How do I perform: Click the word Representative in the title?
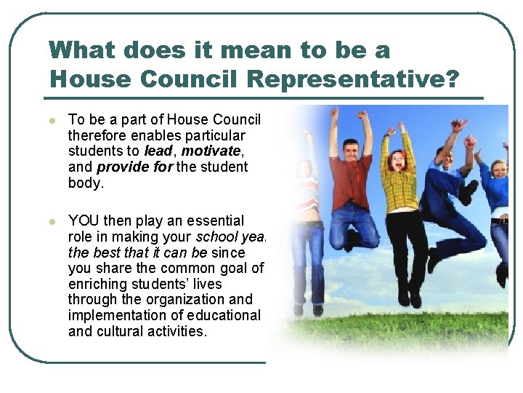point(354,79)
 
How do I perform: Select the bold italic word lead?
point(158,151)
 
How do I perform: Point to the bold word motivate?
point(210,151)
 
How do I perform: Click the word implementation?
point(123,315)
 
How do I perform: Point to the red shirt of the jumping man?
point(351,178)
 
